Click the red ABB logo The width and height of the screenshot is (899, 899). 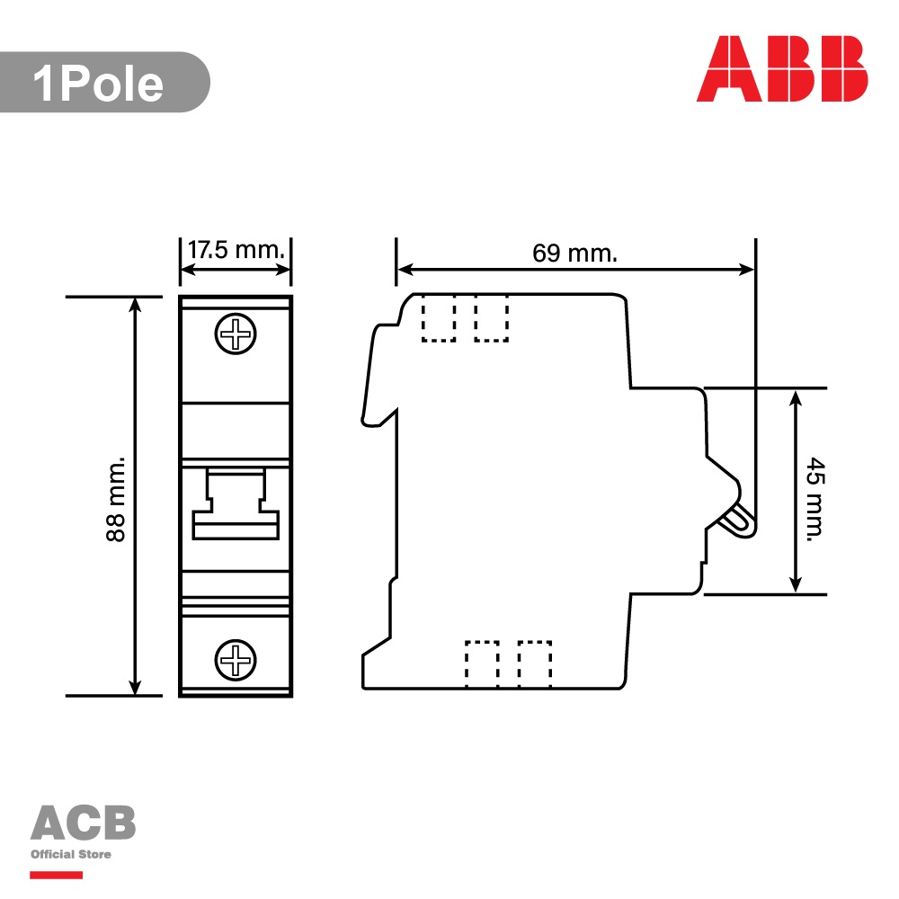click(x=782, y=69)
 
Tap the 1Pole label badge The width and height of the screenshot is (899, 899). click(x=104, y=82)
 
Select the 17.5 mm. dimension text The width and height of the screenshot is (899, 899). click(x=236, y=250)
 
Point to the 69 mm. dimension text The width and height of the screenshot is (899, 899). click(x=575, y=253)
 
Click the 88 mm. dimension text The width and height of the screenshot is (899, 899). click(x=116, y=499)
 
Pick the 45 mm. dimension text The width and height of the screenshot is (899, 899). click(x=814, y=499)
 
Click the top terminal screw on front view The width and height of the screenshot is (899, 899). click(x=236, y=334)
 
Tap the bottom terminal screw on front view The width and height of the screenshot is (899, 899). click(x=236, y=660)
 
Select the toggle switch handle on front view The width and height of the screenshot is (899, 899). click(x=236, y=503)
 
